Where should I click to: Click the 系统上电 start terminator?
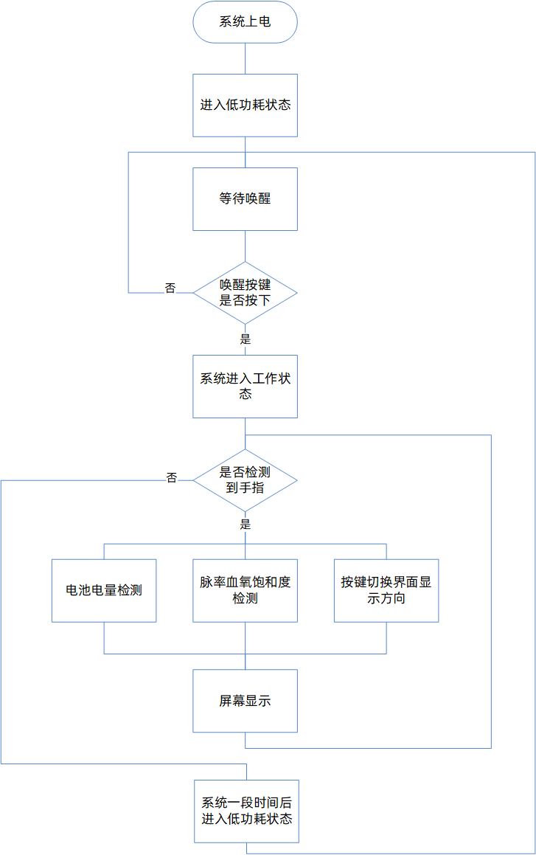tap(245, 22)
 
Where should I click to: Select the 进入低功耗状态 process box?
tap(245, 105)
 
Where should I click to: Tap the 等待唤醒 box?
tap(245, 198)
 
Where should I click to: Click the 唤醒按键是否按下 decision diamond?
tap(245, 293)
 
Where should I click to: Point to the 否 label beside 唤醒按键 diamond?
tap(170, 288)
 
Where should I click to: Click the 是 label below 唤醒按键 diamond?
tap(246, 339)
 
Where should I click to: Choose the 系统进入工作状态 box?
tap(245, 387)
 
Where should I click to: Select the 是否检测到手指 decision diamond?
tap(245, 480)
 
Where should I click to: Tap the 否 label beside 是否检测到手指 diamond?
tap(172, 477)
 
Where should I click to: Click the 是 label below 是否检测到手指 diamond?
tap(246, 525)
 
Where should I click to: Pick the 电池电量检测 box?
tap(104, 590)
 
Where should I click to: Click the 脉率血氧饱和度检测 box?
tap(245, 590)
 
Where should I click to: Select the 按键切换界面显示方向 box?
tap(386, 590)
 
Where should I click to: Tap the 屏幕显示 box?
tap(245, 701)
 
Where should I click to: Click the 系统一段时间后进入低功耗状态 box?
tap(246, 811)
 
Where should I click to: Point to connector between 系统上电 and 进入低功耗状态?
tap(245, 58)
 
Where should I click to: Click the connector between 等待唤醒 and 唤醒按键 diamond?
tap(245, 246)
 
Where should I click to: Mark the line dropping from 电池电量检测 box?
tap(104, 637)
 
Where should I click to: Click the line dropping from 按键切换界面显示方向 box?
tap(386, 637)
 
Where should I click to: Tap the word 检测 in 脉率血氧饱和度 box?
tap(245, 598)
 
